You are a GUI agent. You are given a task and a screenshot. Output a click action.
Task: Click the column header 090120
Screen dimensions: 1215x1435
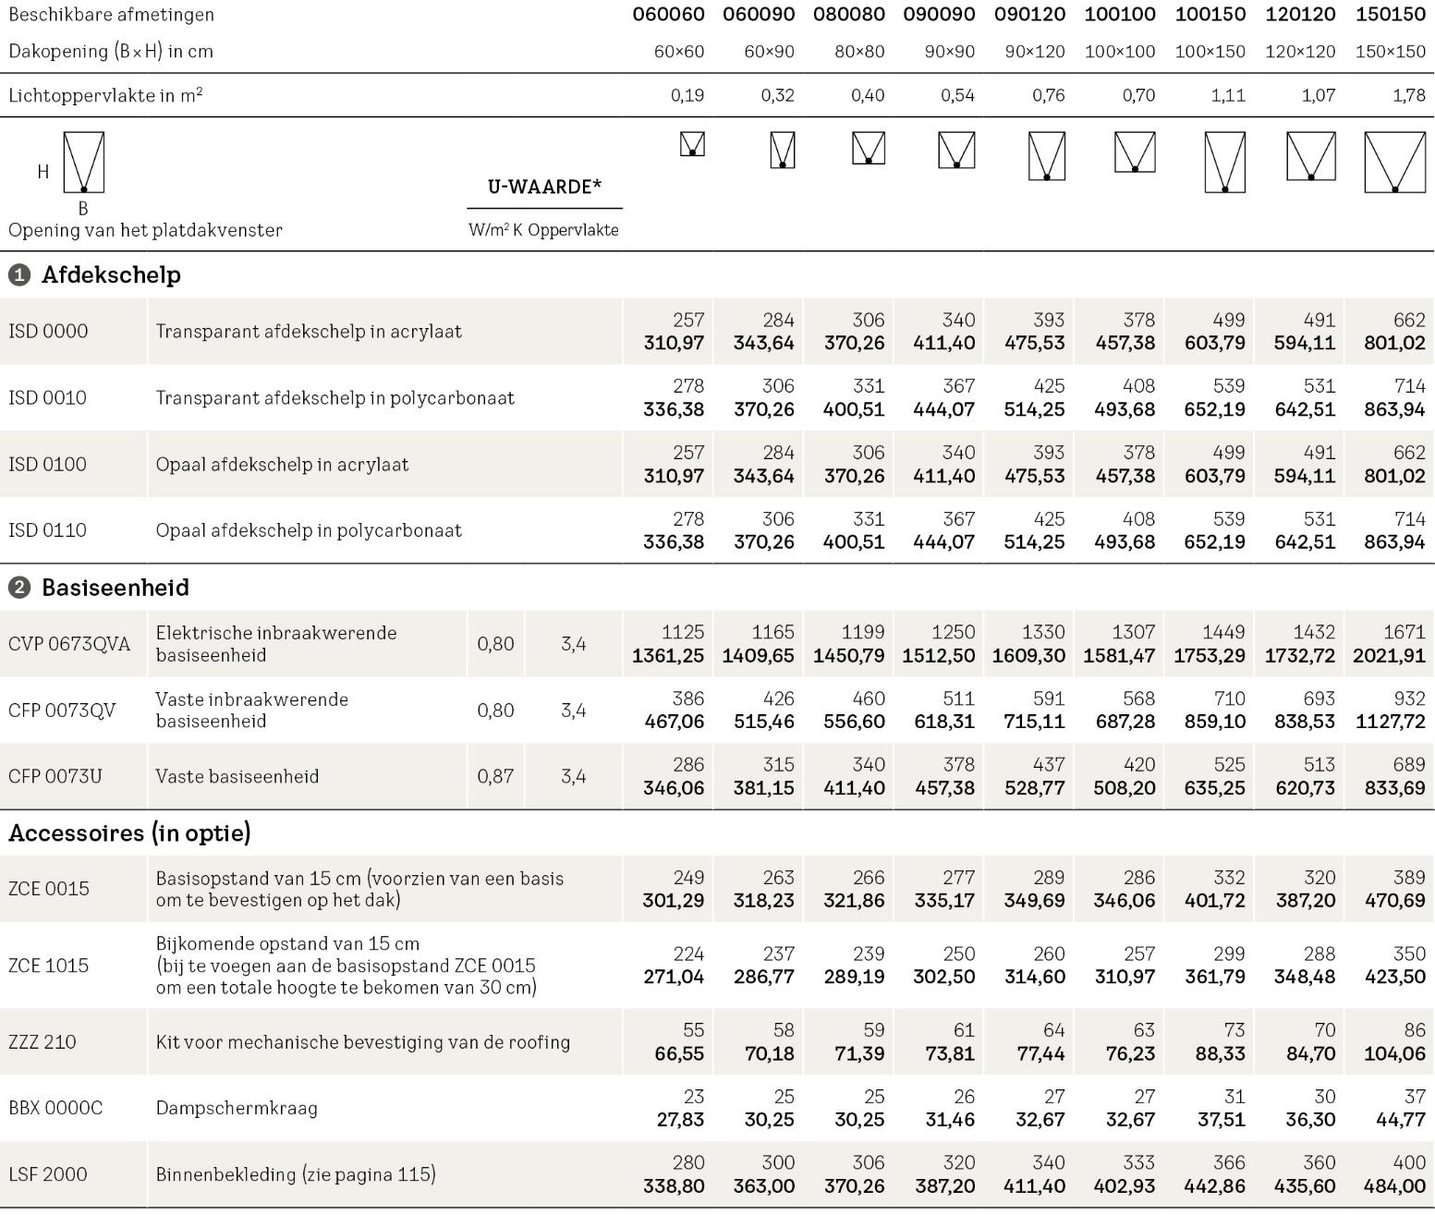click(x=1029, y=15)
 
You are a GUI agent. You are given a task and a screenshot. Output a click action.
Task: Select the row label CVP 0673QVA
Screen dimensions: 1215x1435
click(x=69, y=644)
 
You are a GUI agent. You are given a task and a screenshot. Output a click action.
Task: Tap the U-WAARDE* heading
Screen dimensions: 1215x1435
click(x=544, y=187)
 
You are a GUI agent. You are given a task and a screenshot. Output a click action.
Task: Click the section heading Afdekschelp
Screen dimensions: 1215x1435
click(x=111, y=275)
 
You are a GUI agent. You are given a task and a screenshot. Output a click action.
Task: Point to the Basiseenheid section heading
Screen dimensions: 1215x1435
click(x=116, y=588)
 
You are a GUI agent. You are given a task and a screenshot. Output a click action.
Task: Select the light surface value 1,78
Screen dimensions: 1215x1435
click(x=1408, y=95)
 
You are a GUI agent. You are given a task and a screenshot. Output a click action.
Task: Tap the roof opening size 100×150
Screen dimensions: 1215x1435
click(x=1210, y=52)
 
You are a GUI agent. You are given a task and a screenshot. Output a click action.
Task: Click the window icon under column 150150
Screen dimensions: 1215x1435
click(x=1394, y=163)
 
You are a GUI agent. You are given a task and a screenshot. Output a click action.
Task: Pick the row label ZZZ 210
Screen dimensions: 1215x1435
click(x=43, y=1042)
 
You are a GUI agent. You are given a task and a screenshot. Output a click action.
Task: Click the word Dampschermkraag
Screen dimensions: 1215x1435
click(x=237, y=1108)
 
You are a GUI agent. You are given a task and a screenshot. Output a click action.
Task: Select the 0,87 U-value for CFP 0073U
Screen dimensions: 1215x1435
click(x=495, y=777)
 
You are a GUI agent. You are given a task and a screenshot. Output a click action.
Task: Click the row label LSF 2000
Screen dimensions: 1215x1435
click(x=48, y=1174)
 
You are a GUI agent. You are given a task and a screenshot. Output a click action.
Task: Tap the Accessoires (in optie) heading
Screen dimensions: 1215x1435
click(x=129, y=833)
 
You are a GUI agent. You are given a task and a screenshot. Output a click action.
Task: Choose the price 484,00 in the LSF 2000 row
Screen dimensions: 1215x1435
click(x=1394, y=1186)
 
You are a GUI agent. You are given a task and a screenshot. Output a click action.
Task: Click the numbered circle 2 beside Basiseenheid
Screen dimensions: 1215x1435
click(x=18, y=588)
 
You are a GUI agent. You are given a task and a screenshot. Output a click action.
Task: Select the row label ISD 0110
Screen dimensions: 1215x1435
click(x=47, y=530)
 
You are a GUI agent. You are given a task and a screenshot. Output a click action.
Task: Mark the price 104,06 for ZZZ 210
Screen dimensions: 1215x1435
click(x=1394, y=1053)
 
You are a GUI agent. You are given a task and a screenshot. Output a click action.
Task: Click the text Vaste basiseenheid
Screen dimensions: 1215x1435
click(x=237, y=777)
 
